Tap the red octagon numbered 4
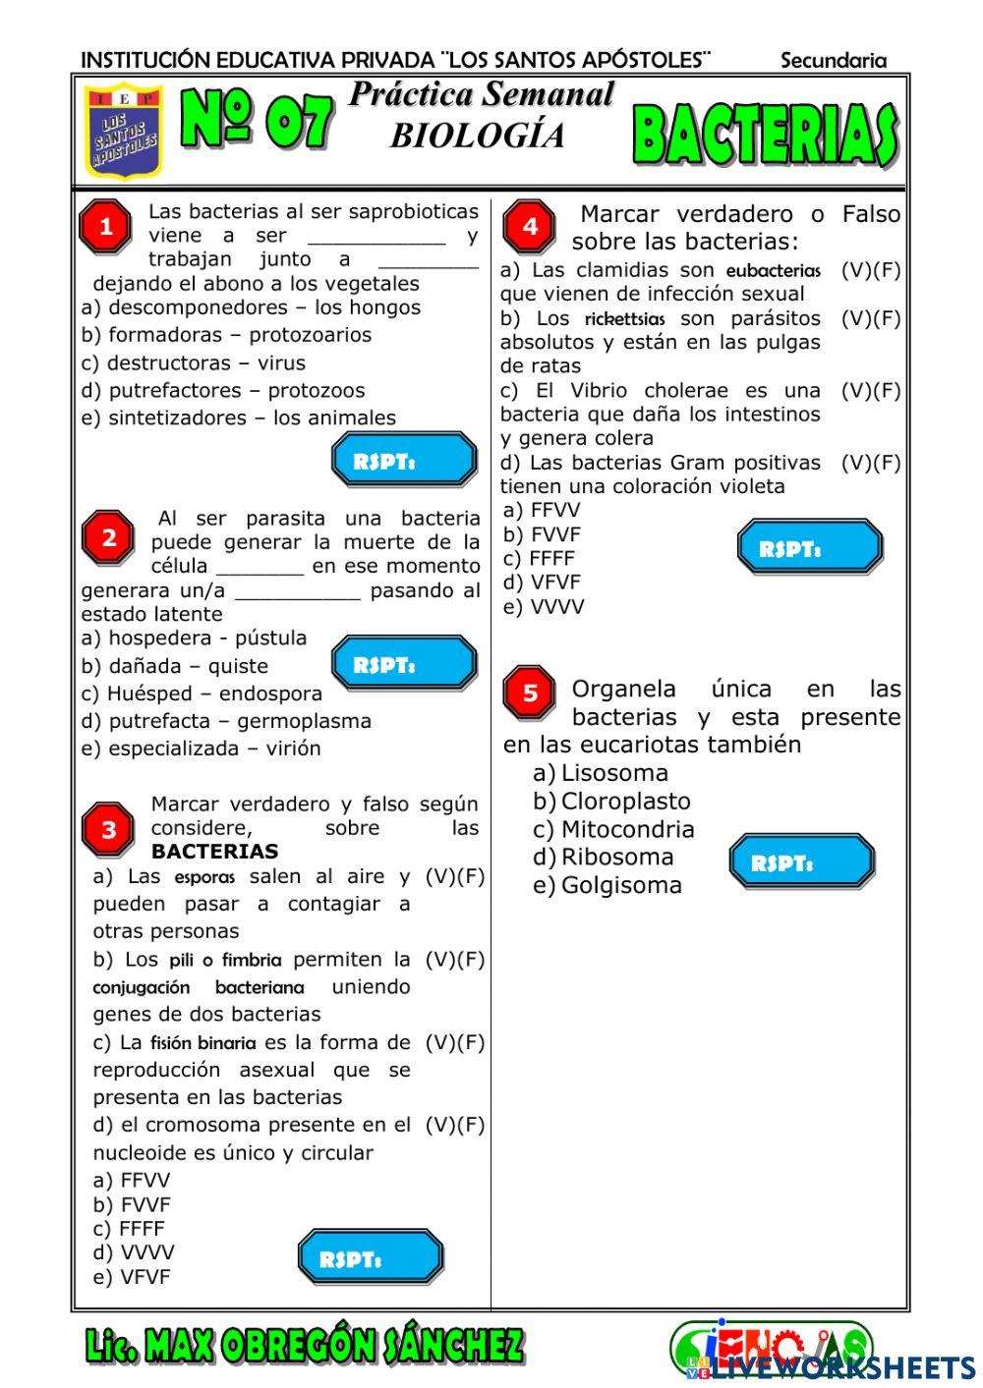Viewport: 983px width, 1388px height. (529, 227)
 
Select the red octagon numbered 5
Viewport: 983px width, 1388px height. (529, 693)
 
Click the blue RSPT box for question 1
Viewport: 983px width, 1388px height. (404, 460)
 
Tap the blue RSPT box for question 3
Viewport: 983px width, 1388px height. (371, 1256)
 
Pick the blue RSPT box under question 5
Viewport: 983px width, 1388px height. (801, 862)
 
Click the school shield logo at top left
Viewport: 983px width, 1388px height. (124, 131)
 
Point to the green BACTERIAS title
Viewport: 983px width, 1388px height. (764, 135)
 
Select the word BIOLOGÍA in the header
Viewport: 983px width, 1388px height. (478, 136)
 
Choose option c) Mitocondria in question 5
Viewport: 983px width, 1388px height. (613, 829)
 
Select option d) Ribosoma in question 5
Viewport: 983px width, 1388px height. (604, 857)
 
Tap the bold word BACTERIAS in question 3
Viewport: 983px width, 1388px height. (214, 852)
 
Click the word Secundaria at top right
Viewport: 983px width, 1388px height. (833, 61)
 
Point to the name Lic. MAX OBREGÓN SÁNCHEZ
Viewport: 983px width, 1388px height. (305, 1346)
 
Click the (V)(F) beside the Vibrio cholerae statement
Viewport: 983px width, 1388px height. (870, 391)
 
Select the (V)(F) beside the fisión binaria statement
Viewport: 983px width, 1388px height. (454, 1042)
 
